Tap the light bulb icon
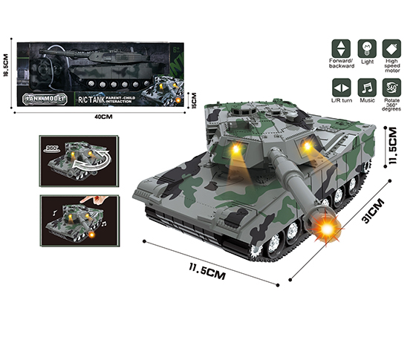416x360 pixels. click(x=366, y=45)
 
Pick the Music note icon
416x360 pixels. click(x=366, y=86)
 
